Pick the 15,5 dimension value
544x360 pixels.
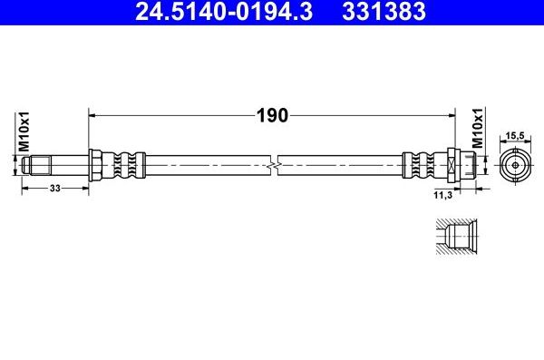pyautogui.click(x=514, y=136)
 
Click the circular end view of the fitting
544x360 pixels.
pyautogui.click(x=514, y=166)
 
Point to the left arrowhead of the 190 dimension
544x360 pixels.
pyautogui.click(x=92, y=115)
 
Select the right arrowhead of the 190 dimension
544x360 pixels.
pyautogui.click(x=450, y=115)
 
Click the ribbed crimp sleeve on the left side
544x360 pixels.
pyautogui.click(x=125, y=166)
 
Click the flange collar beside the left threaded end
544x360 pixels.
pyautogui.click(x=93, y=166)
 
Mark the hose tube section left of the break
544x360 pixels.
pyautogui.click(x=209, y=166)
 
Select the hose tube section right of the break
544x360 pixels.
pyautogui.click(x=340, y=166)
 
